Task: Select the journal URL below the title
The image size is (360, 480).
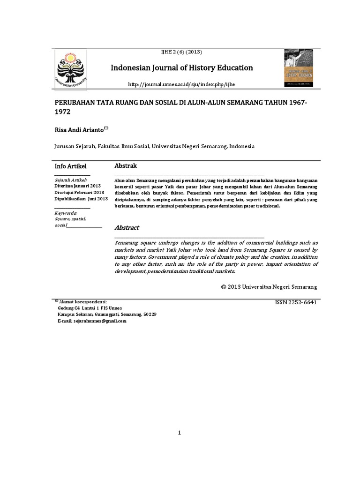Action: [x=180, y=84]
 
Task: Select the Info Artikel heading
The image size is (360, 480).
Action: [x=71, y=166]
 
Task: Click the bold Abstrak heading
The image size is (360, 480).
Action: [x=126, y=166]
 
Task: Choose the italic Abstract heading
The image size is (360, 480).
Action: [x=127, y=228]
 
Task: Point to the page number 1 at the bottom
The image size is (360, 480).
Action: [x=180, y=432]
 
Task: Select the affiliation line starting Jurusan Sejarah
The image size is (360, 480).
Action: [x=154, y=146]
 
